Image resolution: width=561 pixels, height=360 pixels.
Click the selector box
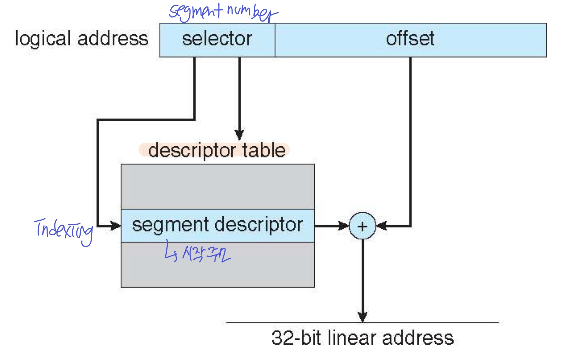coord(217,40)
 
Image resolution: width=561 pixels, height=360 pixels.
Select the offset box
coord(410,40)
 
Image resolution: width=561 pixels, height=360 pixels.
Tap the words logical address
coord(81,39)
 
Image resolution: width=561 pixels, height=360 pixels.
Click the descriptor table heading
coord(216,150)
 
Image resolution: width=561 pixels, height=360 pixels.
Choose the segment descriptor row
coord(217,225)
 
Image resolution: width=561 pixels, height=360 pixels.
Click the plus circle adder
coord(362,226)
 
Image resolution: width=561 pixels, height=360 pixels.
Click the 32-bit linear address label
coord(362,338)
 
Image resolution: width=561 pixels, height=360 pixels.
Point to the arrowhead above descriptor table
coord(239,135)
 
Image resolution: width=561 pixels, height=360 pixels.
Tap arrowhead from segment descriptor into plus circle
coord(344,226)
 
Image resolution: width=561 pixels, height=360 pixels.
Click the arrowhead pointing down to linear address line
coord(362,317)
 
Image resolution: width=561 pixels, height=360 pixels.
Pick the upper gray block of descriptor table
coord(217,186)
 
